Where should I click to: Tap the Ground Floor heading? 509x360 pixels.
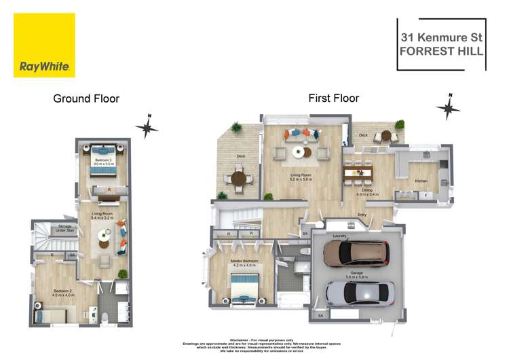tap(86, 98)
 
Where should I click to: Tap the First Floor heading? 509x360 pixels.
tap(333, 98)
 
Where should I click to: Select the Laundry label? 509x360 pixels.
tap(339, 236)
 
